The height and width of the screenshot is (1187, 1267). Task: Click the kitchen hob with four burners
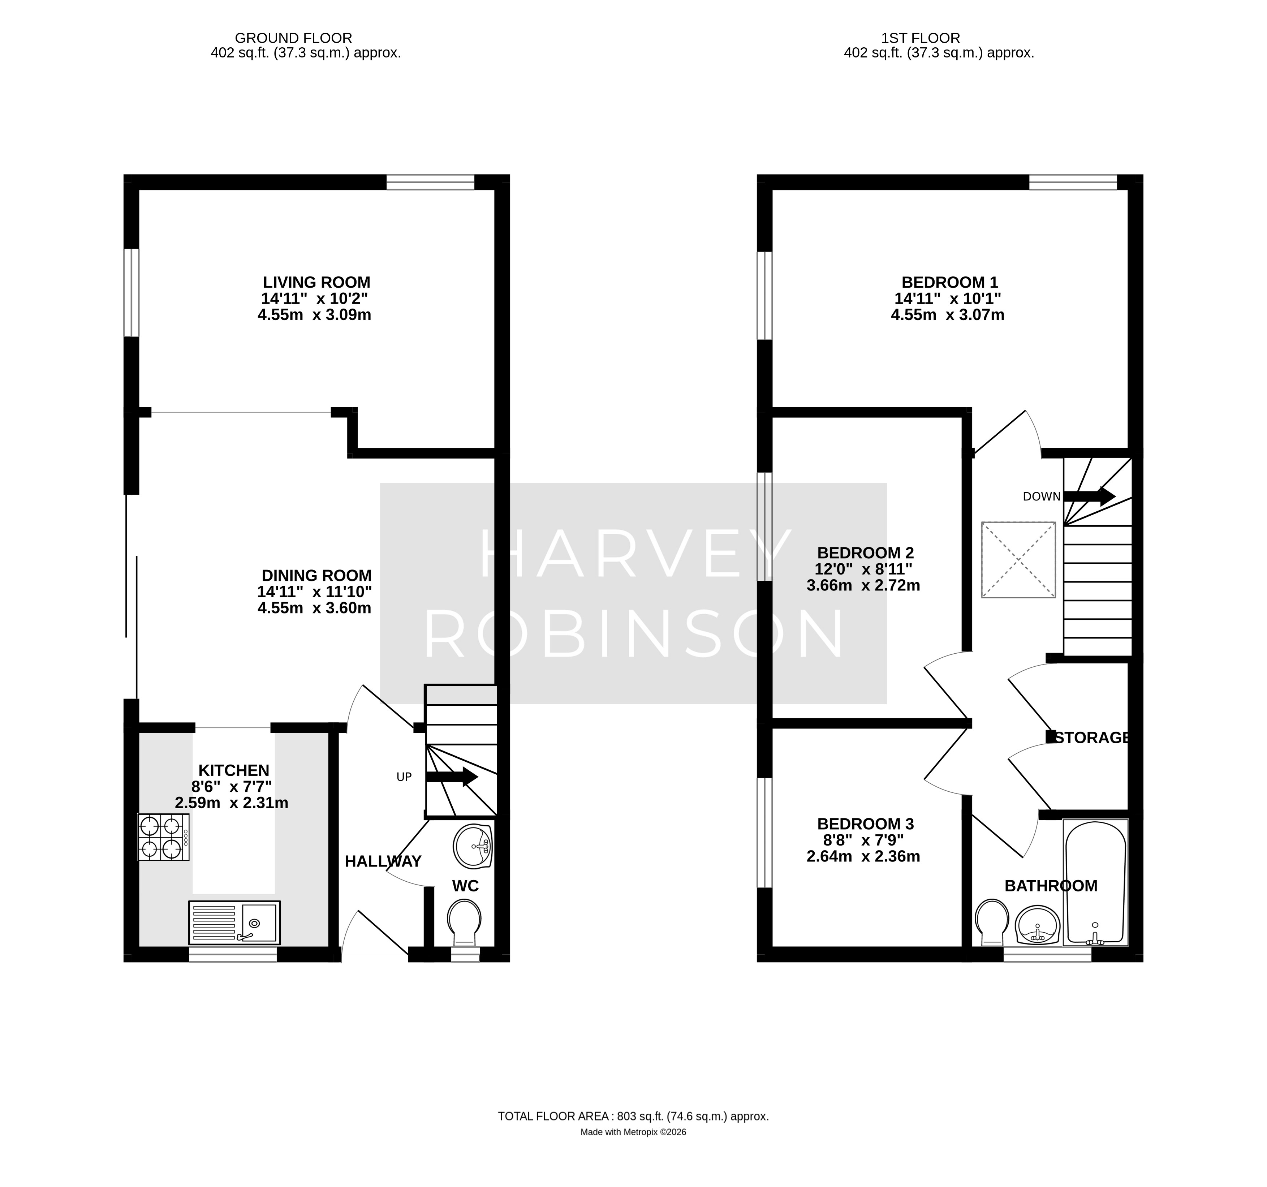pyautogui.click(x=164, y=837)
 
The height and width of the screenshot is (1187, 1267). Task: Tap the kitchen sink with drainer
pyautogui.click(x=234, y=922)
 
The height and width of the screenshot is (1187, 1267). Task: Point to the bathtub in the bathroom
pyautogui.click(x=1095, y=883)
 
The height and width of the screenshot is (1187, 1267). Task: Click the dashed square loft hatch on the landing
pyautogui.click(x=1018, y=560)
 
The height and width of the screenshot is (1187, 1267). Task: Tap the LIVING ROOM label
pyautogui.click(x=317, y=282)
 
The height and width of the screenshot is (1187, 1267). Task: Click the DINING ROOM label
pyautogui.click(x=317, y=575)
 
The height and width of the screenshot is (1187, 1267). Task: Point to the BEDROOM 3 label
pyautogui.click(x=866, y=823)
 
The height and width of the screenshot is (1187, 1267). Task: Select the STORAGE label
pyautogui.click(x=1093, y=737)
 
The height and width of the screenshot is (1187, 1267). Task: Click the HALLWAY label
pyautogui.click(x=383, y=861)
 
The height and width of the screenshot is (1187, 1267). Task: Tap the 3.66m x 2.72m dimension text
pyautogui.click(x=863, y=585)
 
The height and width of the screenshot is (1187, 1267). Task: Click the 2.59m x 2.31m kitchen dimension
pyautogui.click(x=232, y=803)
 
